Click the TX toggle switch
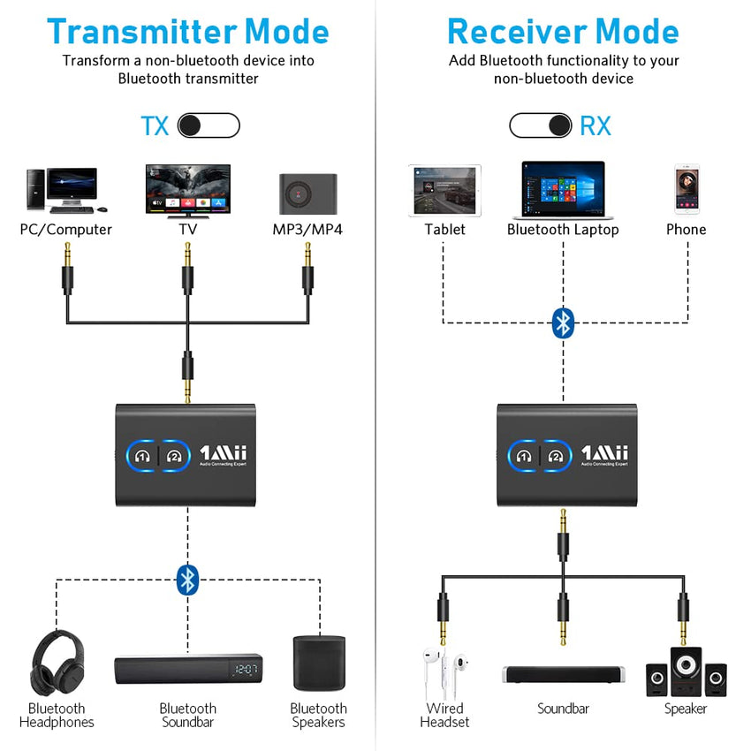(209, 125)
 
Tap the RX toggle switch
(540, 125)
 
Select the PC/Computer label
(66, 230)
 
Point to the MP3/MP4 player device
(307, 193)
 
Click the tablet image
(444, 190)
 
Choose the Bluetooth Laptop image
(563, 190)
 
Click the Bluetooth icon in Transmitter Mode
(187, 580)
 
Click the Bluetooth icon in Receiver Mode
(563, 322)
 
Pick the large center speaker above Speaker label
(686, 671)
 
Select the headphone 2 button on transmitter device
(174, 456)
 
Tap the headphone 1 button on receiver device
(524, 456)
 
